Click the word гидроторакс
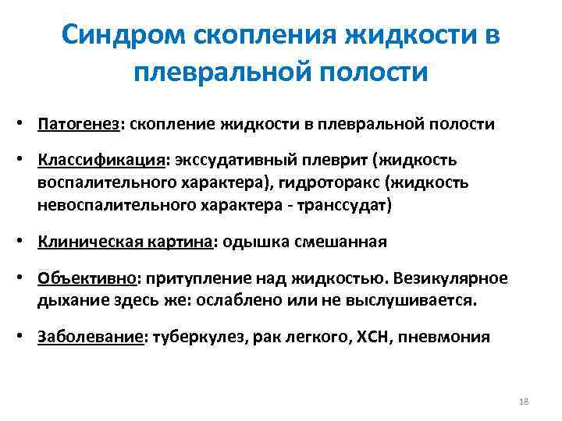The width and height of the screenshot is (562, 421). tap(337, 183)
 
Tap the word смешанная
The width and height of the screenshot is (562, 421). tap(340, 242)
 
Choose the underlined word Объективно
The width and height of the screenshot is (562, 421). tap(88, 278)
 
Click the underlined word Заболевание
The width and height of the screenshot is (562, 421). tap(91, 338)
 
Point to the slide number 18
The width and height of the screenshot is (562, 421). tap(524, 401)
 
